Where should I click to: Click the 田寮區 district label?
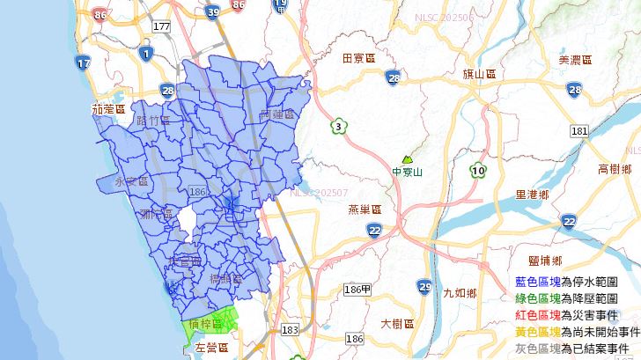[x=358, y=58]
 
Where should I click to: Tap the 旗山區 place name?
[x=480, y=75]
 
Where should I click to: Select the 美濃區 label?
[x=577, y=60]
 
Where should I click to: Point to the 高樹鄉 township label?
[x=615, y=168]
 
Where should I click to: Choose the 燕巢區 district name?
[x=364, y=209]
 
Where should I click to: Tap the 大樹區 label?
[x=397, y=324]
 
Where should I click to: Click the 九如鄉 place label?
[x=460, y=293]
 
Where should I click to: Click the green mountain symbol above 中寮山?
[x=407, y=159]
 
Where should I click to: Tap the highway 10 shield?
[x=478, y=170]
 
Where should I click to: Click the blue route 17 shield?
[x=84, y=63]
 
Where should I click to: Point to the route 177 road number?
[x=161, y=27]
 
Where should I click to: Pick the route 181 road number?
[x=578, y=131]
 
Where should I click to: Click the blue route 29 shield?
[x=424, y=287]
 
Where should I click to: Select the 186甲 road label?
[x=357, y=290]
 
